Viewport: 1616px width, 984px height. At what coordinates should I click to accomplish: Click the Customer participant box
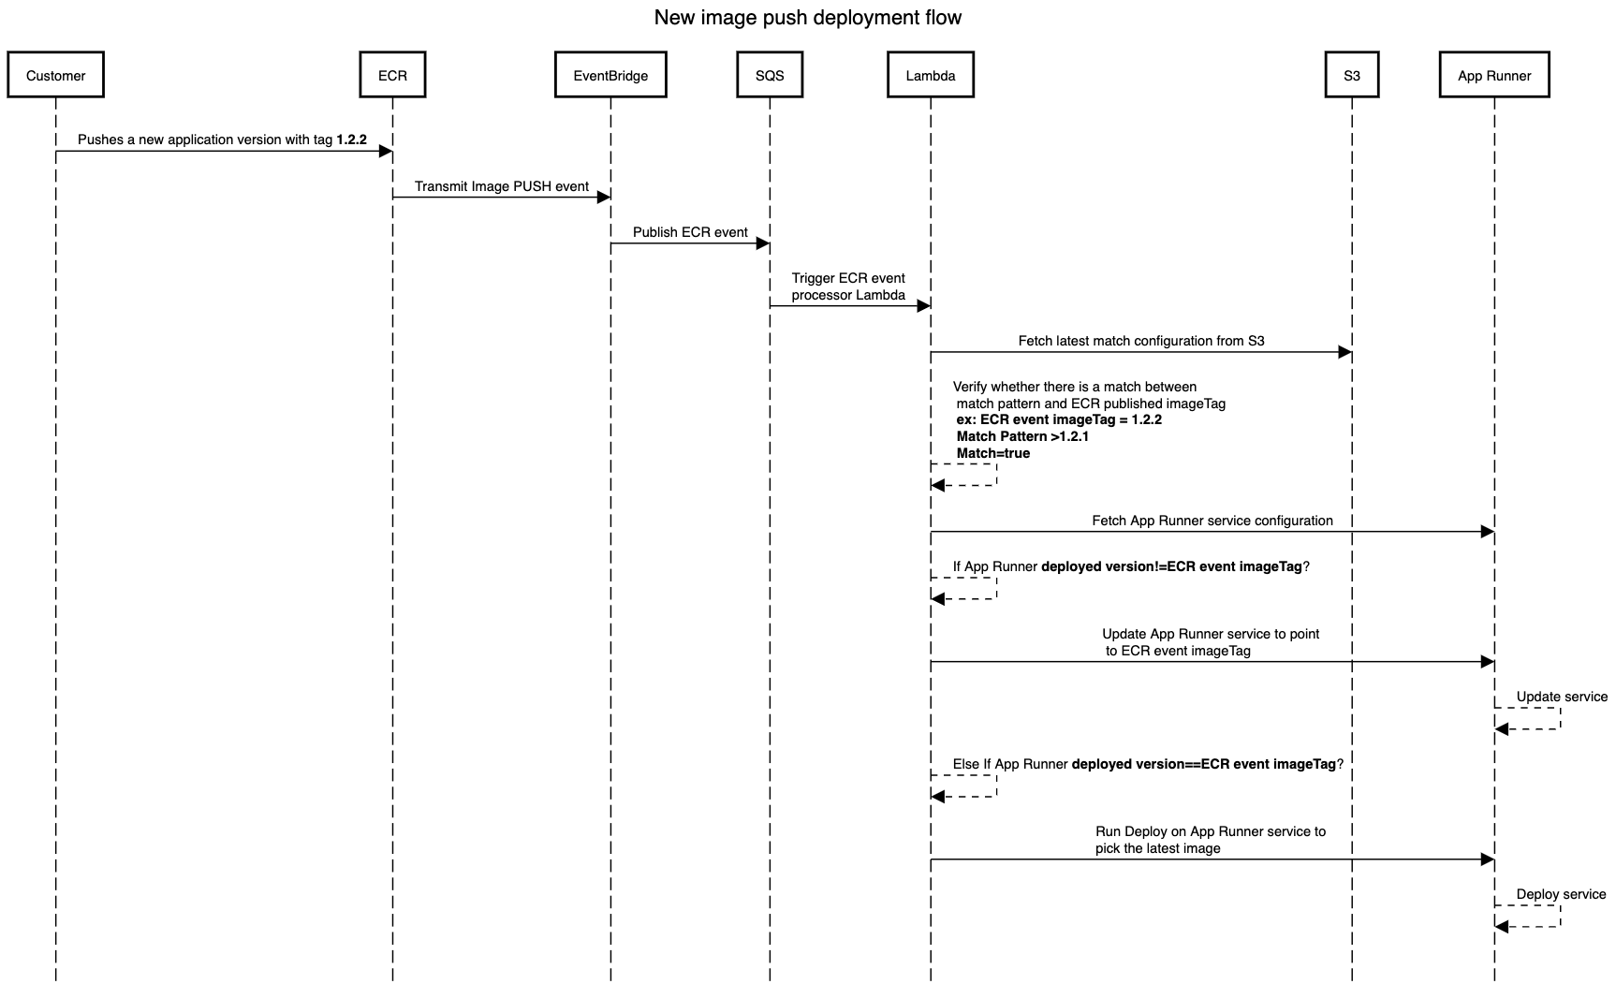[x=55, y=76]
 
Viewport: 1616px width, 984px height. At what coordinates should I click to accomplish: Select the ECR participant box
[x=392, y=76]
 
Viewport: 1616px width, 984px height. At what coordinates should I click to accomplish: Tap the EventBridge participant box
[x=610, y=76]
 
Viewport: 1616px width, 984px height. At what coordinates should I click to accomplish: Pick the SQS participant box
[x=770, y=76]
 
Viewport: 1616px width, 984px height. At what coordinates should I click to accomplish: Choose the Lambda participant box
[x=931, y=76]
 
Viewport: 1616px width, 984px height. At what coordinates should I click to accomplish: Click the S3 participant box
[x=1352, y=76]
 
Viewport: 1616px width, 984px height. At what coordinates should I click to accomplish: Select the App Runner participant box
[x=1494, y=76]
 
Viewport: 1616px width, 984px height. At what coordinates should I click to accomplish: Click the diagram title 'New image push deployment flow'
[x=808, y=18]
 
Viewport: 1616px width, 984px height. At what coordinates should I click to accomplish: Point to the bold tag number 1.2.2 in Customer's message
[x=351, y=140]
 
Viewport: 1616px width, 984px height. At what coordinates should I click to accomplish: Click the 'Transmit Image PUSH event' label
[x=502, y=186]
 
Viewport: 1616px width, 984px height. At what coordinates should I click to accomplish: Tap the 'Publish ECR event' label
[x=690, y=232]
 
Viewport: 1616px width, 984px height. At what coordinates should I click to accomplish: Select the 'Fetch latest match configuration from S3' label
[x=1141, y=341]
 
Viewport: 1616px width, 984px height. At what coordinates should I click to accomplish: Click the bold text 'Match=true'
[x=993, y=453]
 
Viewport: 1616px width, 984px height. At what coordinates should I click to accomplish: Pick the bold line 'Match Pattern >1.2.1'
[x=1022, y=436]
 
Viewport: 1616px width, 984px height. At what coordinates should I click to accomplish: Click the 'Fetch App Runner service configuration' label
[x=1212, y=521]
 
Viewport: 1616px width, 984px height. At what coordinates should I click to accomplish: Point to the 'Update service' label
[x=1562, y=697]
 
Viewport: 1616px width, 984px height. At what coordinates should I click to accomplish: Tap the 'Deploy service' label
[x=1561, y=894]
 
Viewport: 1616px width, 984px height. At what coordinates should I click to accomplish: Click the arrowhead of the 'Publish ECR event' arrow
[x=762, y=243]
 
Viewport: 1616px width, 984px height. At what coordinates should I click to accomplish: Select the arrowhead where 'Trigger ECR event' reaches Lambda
[x=923, y=306]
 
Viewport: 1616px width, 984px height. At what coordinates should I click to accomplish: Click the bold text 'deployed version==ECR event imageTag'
[x=1204, y=764]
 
